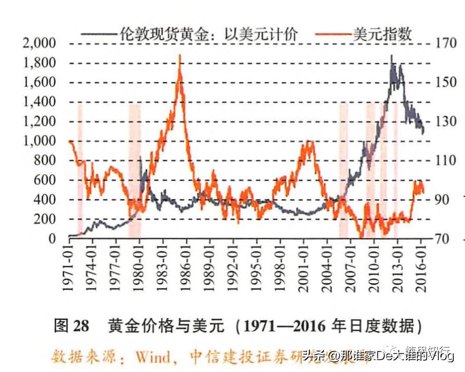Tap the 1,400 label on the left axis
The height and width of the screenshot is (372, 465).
39,102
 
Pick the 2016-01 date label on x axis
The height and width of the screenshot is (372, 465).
421,266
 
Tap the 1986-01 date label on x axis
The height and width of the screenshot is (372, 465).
186,266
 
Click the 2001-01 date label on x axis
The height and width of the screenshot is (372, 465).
304,266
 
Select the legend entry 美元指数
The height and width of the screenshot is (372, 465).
382,34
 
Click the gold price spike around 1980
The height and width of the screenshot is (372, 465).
140,158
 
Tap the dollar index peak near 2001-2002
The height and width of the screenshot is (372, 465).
309,143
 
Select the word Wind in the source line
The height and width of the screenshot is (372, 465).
155,355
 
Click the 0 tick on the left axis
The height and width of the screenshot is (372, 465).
51,239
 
